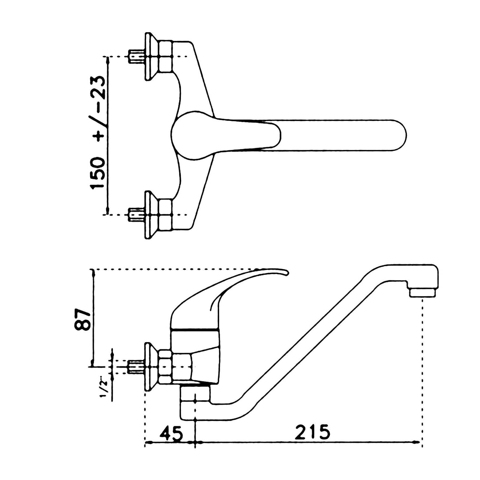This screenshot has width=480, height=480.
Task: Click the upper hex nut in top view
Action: [x=165, y=57]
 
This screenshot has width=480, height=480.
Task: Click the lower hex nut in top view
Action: [x=165, y=215]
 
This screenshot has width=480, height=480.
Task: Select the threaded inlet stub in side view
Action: [x=135, y=367]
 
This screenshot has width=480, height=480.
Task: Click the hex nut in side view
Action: [x=165, y=367]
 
